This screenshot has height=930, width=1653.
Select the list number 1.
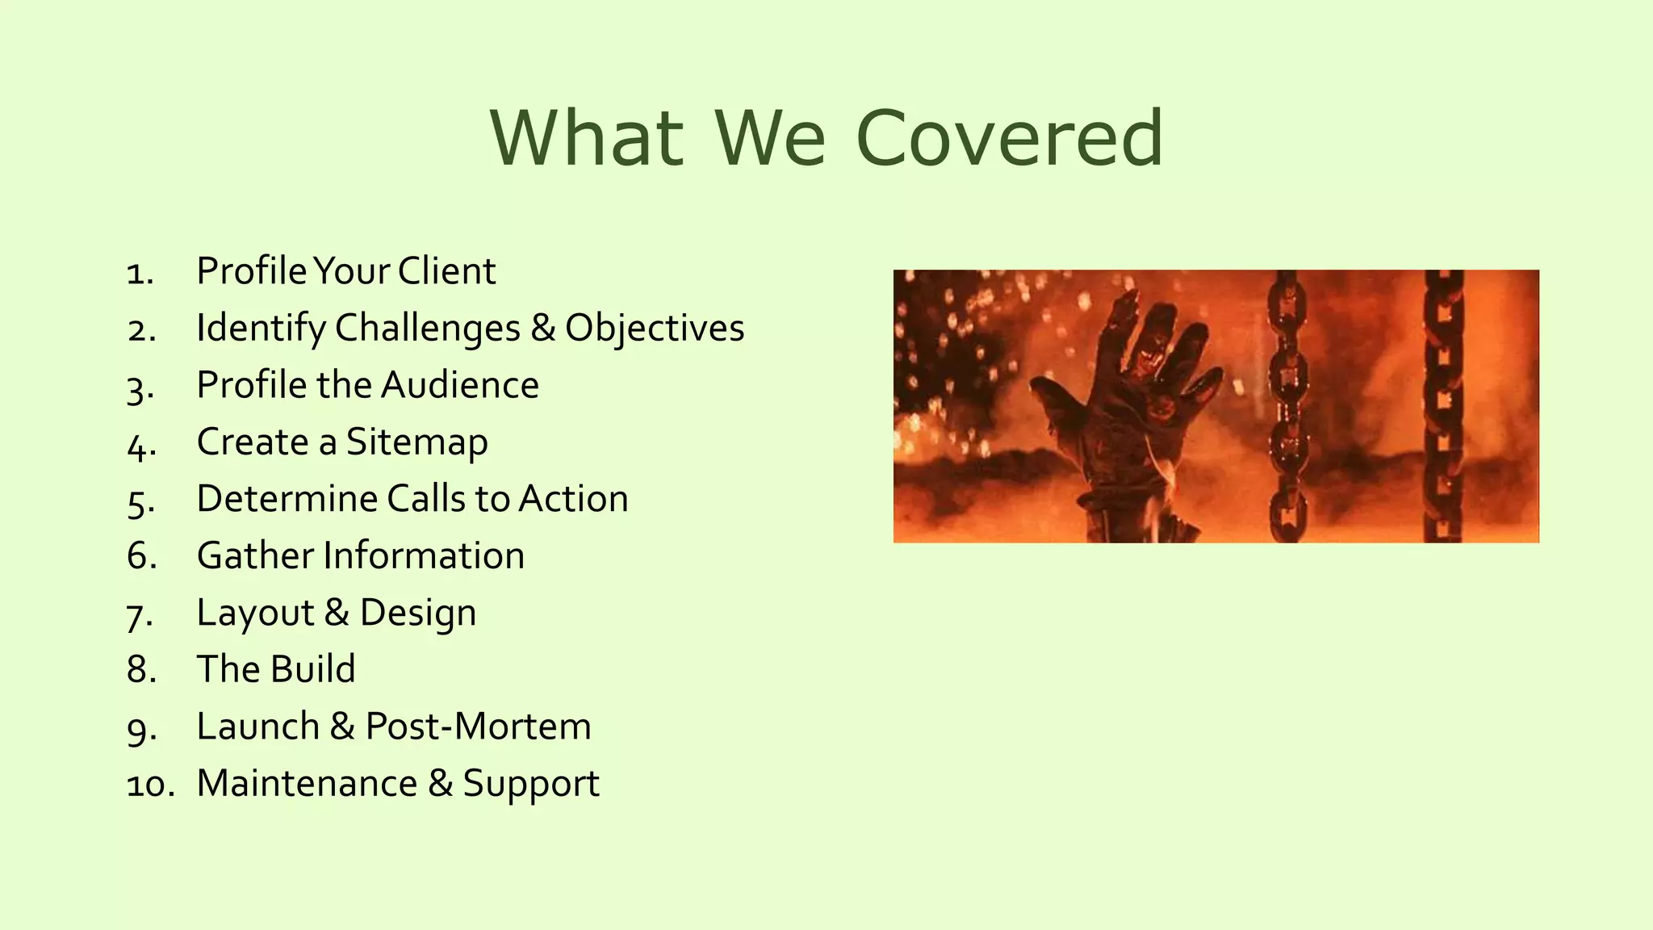(x=139, y=273)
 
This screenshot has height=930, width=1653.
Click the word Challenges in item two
(x=428, y=329)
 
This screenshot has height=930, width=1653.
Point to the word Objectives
(x=655, y=329)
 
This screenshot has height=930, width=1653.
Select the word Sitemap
(x=416, y=442)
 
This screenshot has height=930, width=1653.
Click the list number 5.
(x=140, y=501)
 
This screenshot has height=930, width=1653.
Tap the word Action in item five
(x=573, y=499)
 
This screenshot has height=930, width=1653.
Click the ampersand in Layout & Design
(x=337, y=613)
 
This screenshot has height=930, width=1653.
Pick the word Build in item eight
(x=313, y=669)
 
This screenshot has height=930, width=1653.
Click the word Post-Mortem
(x=478, y=727)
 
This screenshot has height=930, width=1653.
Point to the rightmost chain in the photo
(x=1443, y=404)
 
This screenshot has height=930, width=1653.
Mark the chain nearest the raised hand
(x=1287, y=404)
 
